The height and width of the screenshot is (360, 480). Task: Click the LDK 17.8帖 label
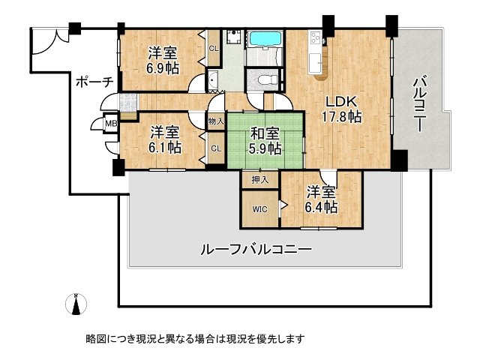pyautogui.click(x=343, y=109)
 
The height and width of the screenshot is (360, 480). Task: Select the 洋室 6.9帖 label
pyautogui.click(x=162, y=61)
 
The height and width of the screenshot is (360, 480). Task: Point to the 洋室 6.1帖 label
pyautogui.click(x=163, y=140)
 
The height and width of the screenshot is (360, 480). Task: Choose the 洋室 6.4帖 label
pyautogui.click(x=320, y=199)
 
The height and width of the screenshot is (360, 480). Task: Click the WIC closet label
pyautogui.click(x=259, y=209)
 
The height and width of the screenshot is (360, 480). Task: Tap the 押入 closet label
pyautogui.click(x=259, y=180)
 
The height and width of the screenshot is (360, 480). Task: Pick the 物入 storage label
pyautogui.click(x=216, y=121)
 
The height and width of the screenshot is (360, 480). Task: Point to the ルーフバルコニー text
pyautogui.click(x=255, y=249)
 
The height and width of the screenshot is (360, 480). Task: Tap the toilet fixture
pyautogui.click(x=264, y=79)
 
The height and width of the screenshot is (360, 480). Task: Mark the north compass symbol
pyautogui.click(x=77, y=304)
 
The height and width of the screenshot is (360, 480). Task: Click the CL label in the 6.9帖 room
pyautogui.click(x=214, y=49)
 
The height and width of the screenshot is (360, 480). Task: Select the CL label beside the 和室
pyautogui.click(x=216, y=148)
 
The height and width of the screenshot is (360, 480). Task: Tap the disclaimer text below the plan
pyautogui.click(x=196, y=339)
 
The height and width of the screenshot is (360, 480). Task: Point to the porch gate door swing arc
pyautogui.click(x=46, y=43)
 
